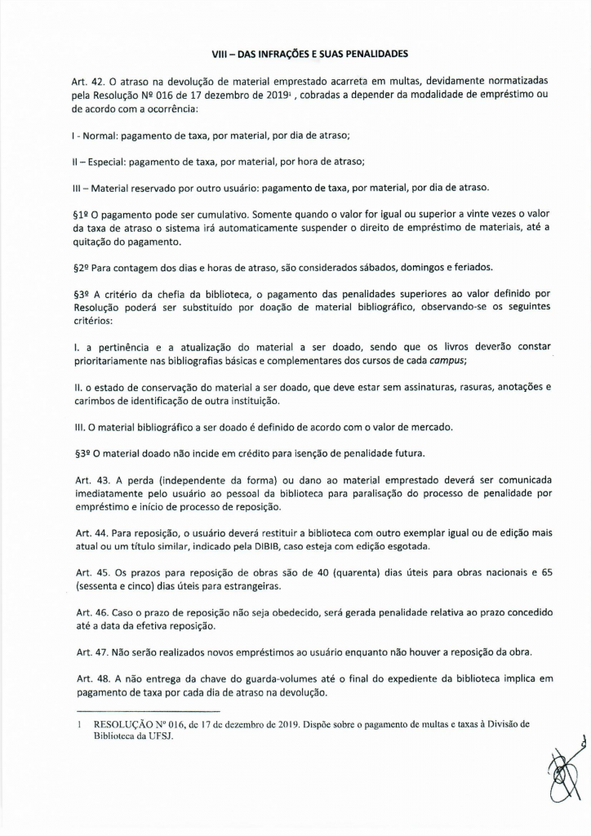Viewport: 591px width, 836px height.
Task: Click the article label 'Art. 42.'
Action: (x=86, y=82)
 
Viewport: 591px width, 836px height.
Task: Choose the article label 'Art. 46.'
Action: (x=86, y=612)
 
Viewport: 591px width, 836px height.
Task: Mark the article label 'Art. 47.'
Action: (x=86, y=651)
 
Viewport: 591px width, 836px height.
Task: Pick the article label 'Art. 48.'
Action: (x=86, y=678)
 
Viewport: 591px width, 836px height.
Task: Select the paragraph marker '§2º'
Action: (x=81, y=266)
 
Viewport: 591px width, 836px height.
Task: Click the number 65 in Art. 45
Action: (x=547, y=573)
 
